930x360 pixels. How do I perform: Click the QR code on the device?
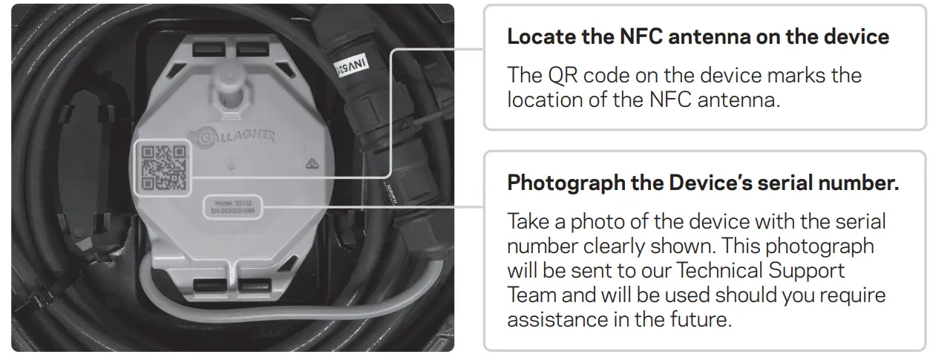click(x=163, y=168)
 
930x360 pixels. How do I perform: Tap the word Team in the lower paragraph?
click(x=531, y=295)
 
